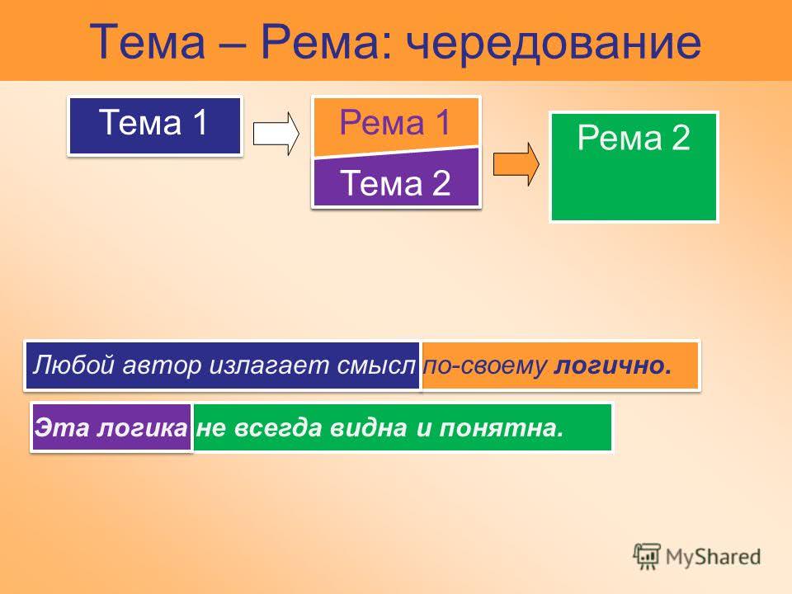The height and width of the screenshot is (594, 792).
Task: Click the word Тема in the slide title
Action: [148, 41]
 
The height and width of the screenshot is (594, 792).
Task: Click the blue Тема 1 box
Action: [154, 125]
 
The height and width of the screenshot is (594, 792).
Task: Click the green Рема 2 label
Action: [634, 138]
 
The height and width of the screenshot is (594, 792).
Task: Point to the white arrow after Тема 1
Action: [276, 134]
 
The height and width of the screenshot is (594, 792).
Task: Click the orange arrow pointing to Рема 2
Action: [516, 164]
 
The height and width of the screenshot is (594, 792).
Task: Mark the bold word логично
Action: [613, 365]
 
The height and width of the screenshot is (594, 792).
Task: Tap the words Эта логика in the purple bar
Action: [111, 428]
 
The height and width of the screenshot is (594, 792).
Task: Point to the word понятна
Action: [501, 428]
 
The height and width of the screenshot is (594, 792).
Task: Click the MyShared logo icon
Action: [647, 556]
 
